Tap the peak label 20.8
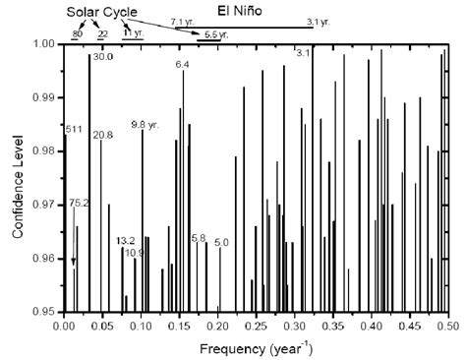click(103, 134)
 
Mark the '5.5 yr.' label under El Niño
click(210, 34)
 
